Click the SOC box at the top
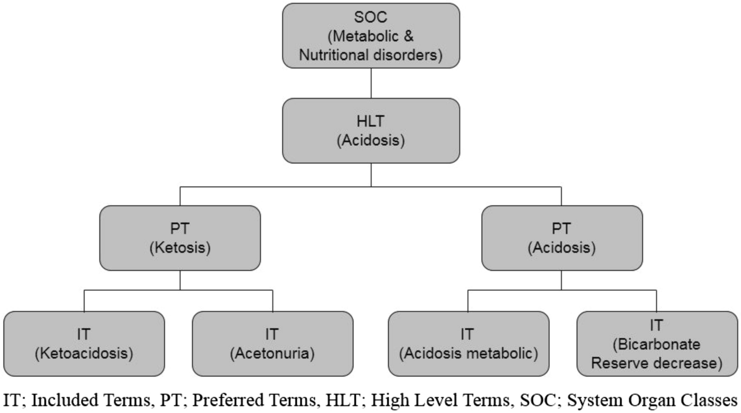371,36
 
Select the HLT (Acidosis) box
371,131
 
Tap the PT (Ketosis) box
180,238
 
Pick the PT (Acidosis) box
561,238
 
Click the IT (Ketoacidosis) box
84,344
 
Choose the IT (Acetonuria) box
272,344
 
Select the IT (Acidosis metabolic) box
468,344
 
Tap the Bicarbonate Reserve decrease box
656,344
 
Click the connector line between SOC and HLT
371,83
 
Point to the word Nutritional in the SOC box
334,55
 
